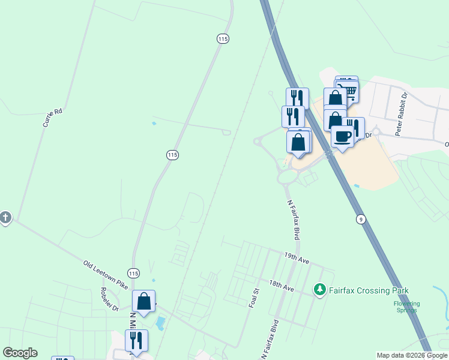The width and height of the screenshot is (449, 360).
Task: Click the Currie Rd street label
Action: pyautogui.click(x=52, y=117)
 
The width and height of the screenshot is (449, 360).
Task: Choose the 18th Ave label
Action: pyautogui.click(x=281, y=286)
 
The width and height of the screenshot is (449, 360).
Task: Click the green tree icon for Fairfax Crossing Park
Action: pyautogui.click(x=320, y=290)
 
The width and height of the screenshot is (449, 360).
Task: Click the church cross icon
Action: pyautogui.click(x=5, y=217)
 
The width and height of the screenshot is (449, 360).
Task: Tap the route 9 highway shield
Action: pyautogui.click(x=360, y=219)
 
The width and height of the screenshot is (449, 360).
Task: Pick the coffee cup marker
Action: pyautogui.click(x=342, y=136)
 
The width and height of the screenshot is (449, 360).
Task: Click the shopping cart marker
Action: pyautogui.click(x=348, y=90)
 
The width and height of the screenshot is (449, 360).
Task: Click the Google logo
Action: pyautogui.click(x=20, y=353)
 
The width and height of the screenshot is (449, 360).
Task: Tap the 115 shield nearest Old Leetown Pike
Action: pyautogui.click(x=133, y=273)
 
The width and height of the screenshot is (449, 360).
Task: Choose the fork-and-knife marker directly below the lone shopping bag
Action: pyautogui.click(x=136, y=341)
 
